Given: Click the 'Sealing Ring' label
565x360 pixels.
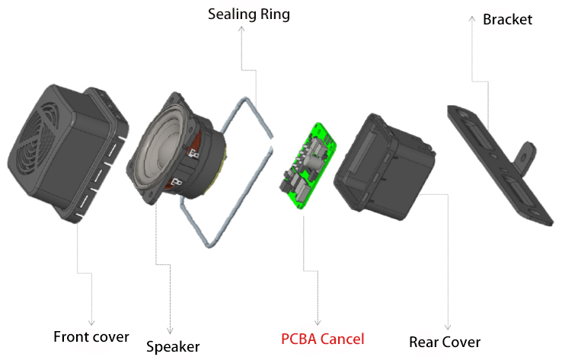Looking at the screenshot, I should [248, 14].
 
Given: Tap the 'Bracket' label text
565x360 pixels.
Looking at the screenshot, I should [507, 19].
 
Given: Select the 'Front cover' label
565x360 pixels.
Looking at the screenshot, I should [91, 336].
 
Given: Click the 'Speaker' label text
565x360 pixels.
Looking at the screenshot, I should [173, 346].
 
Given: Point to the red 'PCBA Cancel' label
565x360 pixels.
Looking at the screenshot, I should [322, 338].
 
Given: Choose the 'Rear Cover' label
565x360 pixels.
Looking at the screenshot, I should [445, 341].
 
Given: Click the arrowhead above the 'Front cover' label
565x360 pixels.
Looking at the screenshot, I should [91, 323].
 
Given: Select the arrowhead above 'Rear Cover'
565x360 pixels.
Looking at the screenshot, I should [447, 327].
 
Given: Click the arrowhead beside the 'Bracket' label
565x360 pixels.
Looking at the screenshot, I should [472, 18].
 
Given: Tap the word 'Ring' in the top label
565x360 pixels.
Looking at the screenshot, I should [274, 14].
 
